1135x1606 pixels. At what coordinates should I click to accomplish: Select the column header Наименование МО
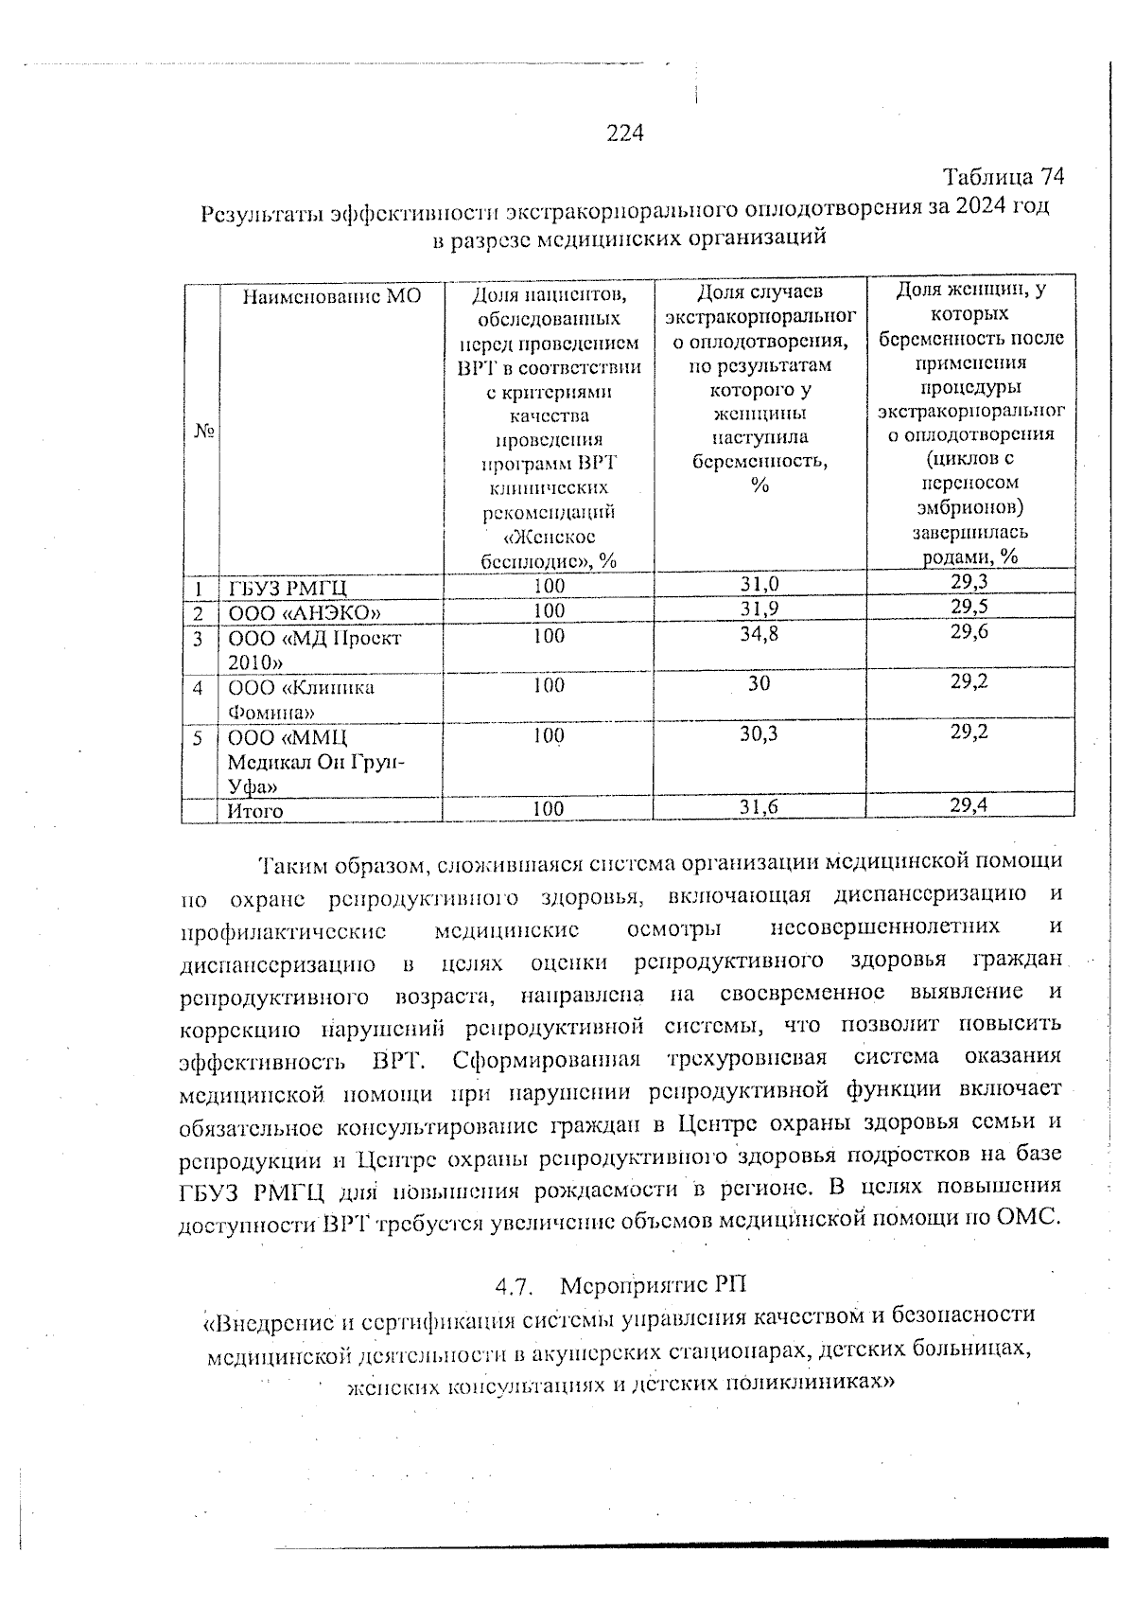(x=331, y=295)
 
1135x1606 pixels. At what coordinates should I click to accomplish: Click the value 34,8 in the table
(x=760, y=634)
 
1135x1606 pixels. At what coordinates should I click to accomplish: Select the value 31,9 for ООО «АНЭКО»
(x=760, y=609)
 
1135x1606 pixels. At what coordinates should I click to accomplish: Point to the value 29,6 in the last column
(x=970, y=632)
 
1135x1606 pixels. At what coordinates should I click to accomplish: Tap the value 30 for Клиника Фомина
(x=759, y=683)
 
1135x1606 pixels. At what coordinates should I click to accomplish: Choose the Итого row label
(x=254, y=811)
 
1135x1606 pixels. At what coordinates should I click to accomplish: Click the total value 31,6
(x=760, y=806)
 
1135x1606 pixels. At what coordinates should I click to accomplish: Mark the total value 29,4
(x=970, y=805)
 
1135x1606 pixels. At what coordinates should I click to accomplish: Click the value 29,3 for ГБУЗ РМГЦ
(x=970, y=582)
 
